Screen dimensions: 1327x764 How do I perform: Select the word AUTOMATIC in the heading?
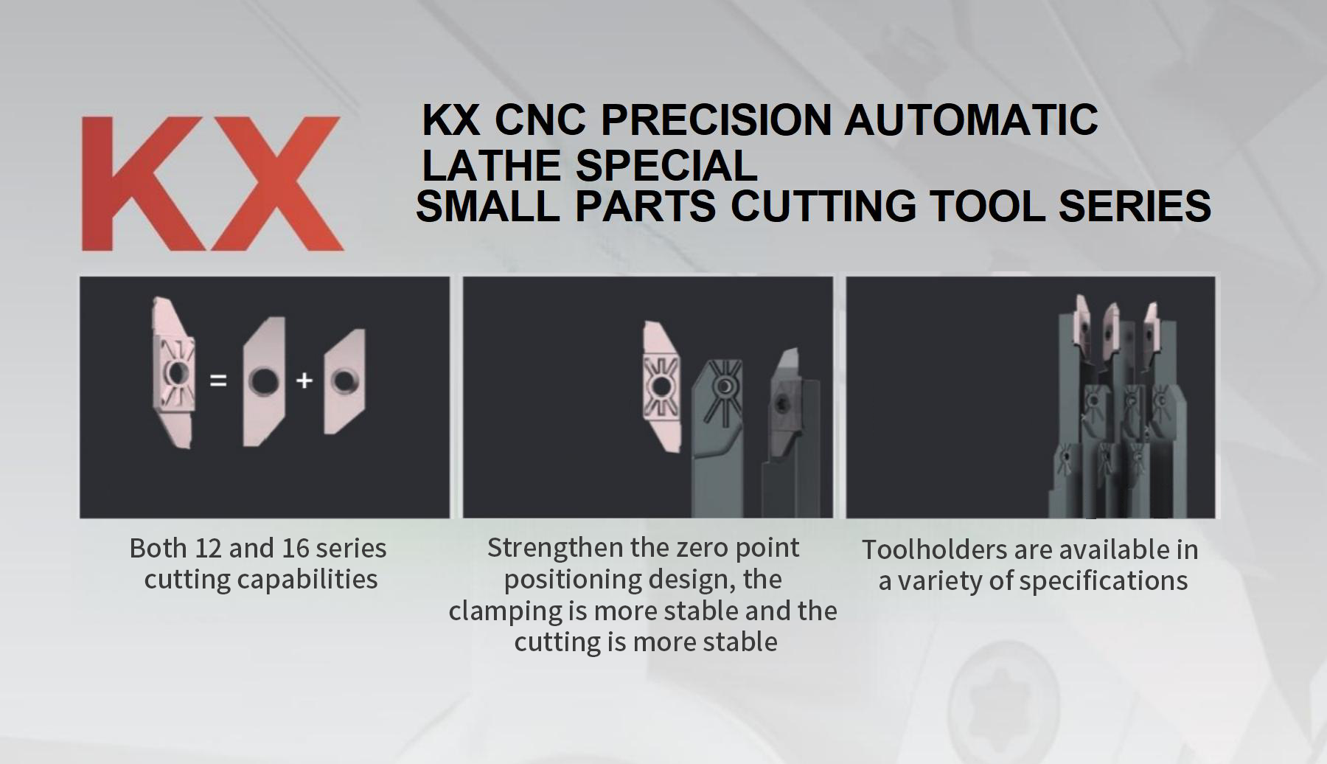point(971,119)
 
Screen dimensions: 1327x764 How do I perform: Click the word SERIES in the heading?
point(1135,205)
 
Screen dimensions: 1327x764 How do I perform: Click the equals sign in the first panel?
point(218,381)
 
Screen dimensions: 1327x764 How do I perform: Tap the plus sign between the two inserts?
point(304,381)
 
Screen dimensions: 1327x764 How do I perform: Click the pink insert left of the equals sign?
point(174,372)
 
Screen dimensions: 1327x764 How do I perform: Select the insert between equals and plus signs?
point(264,381)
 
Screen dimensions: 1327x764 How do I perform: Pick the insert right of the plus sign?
point(344,381)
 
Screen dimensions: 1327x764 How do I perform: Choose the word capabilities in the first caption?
point(308,580)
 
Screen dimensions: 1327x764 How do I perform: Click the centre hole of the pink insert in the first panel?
point(177,373)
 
